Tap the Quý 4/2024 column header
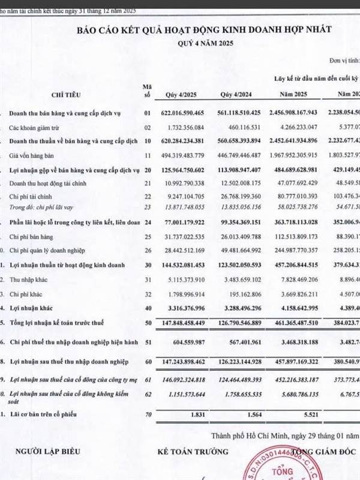tap(235, 94)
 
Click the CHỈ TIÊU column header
tap(66, 94)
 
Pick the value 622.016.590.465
tap(179, 112)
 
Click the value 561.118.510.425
tap(235, 112)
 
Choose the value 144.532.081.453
tap(179, 265)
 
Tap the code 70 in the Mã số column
tap(146, 415)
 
